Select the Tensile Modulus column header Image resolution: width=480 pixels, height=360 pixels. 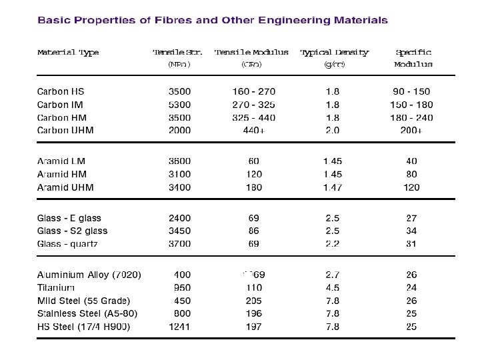pos(251,52)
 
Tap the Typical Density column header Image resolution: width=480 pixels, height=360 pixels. pos(334,52)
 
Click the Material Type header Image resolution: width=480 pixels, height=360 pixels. pos(68,53)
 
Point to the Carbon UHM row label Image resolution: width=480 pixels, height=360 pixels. pos(65,130)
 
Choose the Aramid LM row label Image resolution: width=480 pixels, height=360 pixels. pos(61,161)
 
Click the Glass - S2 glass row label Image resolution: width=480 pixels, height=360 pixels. pos(72,231)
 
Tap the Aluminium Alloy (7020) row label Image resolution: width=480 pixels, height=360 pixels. pos(89,275)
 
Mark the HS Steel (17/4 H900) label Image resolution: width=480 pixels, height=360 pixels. pos(83,327)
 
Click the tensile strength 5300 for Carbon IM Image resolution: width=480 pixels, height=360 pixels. pos(179,105)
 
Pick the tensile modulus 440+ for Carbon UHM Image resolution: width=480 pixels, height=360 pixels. pos(253,131)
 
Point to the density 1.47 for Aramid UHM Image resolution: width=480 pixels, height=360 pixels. pos(332,187)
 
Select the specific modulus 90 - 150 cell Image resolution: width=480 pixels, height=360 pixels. pos(411,91)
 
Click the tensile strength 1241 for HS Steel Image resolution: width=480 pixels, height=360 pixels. pos(179,327)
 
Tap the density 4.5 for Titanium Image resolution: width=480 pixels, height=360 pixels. pos(332,288)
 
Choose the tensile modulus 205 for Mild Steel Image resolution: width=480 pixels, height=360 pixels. pos(253,301)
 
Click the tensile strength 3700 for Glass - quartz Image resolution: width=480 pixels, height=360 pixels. pos(179,244)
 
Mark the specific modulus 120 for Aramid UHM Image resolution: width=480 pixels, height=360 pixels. pos(411,187)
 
